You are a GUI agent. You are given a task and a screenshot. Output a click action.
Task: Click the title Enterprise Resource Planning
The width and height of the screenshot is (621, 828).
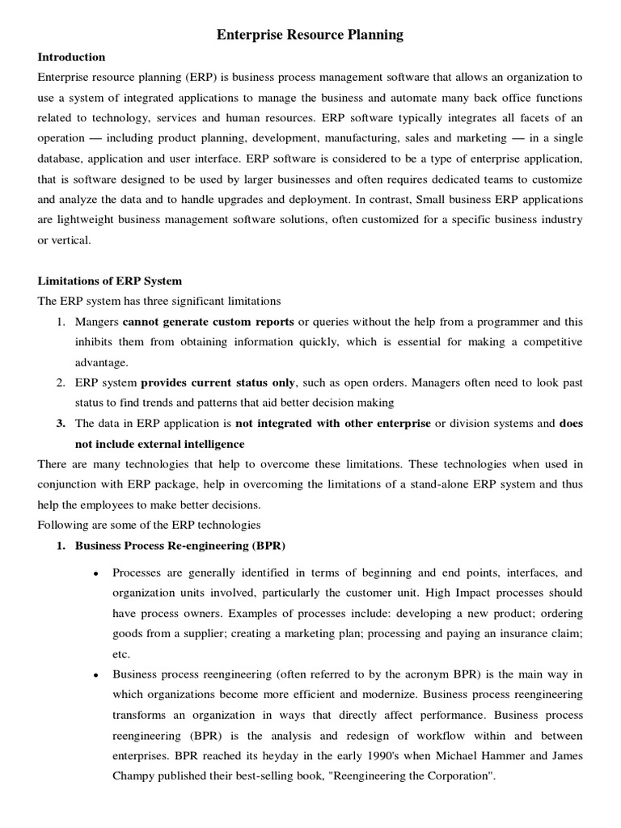pyautogui.click(x=310, y=35)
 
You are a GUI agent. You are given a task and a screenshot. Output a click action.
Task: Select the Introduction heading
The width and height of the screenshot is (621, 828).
pyautogui.click(x=71, y=57)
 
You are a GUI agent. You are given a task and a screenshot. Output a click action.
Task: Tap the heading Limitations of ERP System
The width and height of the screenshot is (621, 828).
pyautogui.click(x=110, y=281)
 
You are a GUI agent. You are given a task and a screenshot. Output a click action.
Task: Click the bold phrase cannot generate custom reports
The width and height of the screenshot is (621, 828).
pyautogui.click(x=209, y=322)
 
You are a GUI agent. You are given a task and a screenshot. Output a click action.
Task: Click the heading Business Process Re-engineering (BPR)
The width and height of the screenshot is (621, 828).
pyautogui.click(x=180, y=545)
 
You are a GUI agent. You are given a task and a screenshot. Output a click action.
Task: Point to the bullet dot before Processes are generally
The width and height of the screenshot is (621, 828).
pyautogui.click(x=96, y=573)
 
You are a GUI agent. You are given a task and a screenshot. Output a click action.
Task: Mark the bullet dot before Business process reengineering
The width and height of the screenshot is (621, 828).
pyautogui.click(x=96, y=675)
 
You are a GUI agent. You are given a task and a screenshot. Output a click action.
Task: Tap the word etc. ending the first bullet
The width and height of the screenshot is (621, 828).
pyautogui.click(x=121, y=654)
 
